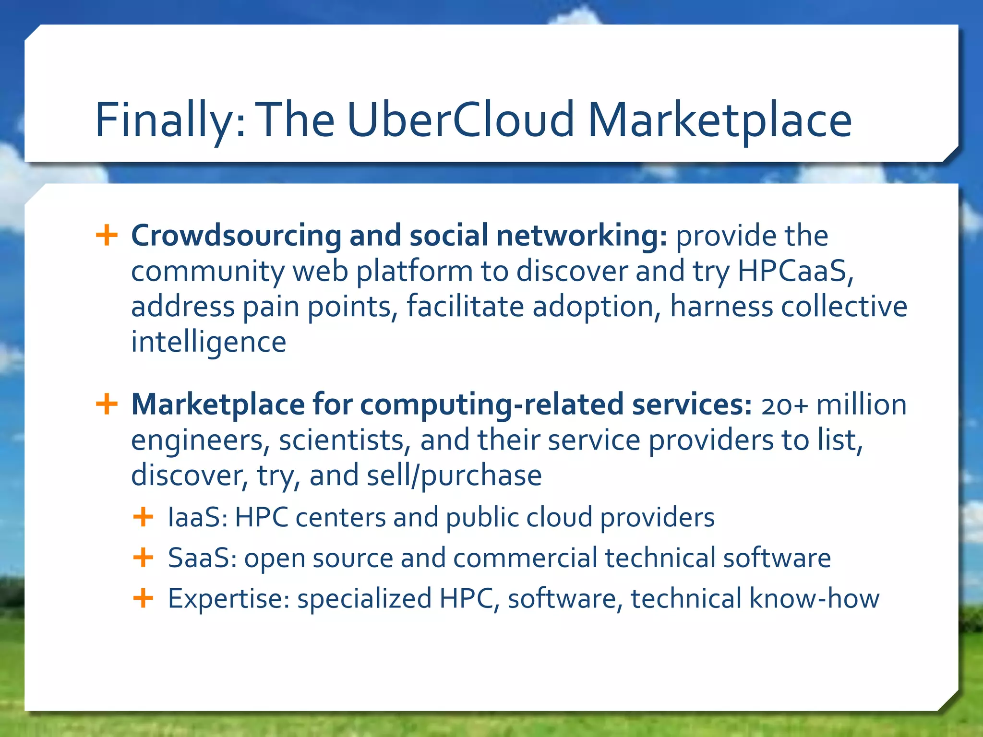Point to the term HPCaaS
[794, 271]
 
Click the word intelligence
[209, 343]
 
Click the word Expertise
[228, 599]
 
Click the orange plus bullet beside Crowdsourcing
[107, 236]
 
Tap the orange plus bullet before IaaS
[143, 517]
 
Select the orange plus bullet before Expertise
[143, 598]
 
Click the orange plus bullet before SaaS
[143, 558]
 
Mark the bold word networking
[581, 236]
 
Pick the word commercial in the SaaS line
[525, 558]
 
